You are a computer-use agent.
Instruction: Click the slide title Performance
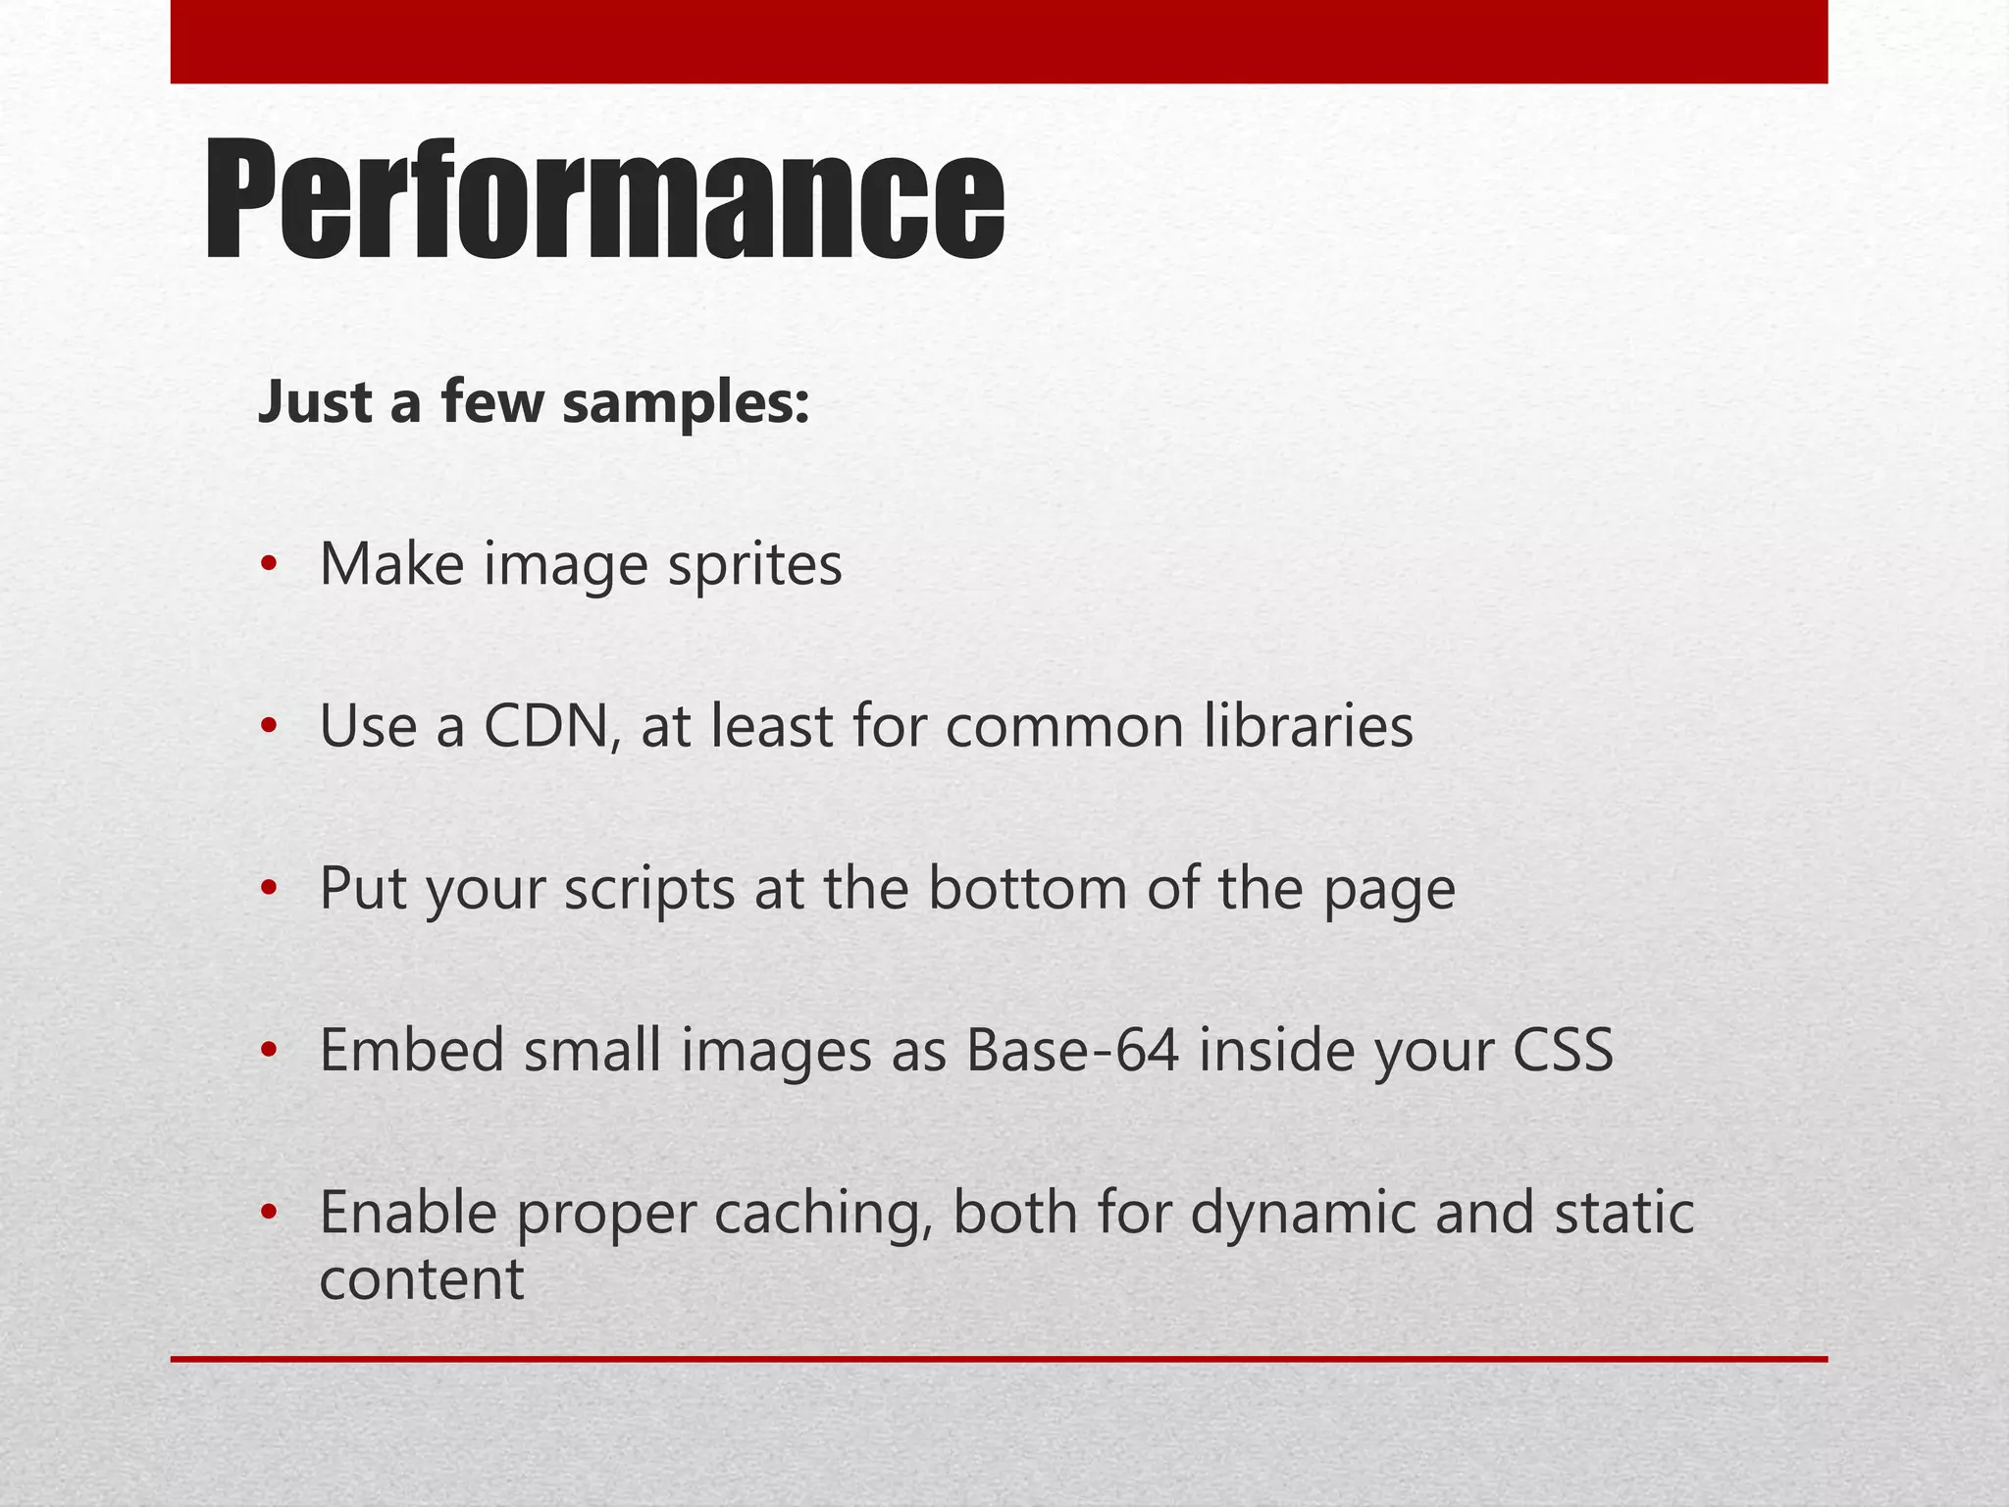click(604, 200)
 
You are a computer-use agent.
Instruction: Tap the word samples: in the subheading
click(686, 402)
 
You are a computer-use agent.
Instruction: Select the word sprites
click(754, 566)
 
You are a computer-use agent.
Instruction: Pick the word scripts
click(648, 890)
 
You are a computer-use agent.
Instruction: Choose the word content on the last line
click(422, 1279)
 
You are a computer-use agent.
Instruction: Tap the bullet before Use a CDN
click(269, 727)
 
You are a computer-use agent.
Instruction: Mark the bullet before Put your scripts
click(269, 889)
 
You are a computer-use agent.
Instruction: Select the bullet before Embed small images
click(269, 1051)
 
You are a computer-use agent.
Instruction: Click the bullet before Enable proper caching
click(269, 1213)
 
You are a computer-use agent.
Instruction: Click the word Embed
click(411, 1051)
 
